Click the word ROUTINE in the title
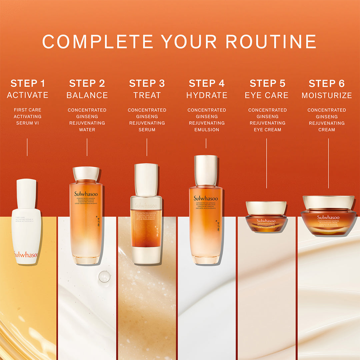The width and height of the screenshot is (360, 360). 271,42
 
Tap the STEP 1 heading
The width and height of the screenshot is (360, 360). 28,83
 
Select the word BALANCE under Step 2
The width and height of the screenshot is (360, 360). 87,95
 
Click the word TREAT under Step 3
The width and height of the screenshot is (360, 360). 147,95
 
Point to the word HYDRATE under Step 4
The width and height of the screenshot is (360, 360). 207,95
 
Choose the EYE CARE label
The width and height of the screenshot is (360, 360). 267,95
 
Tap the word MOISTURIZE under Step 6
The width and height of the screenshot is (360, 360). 327,95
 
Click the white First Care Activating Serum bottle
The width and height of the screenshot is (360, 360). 26,227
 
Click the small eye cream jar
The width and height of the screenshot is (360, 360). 266,217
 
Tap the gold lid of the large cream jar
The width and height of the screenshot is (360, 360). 328,202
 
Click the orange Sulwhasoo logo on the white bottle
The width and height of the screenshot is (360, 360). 26,255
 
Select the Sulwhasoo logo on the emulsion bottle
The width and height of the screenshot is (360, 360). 206,198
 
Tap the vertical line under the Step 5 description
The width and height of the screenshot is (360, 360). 266,163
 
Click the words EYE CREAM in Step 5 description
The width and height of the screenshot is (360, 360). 267,130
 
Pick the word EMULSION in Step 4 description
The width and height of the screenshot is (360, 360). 207,130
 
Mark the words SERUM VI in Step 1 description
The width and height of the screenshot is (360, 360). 28,123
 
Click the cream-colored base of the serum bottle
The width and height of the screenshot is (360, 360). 146,255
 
